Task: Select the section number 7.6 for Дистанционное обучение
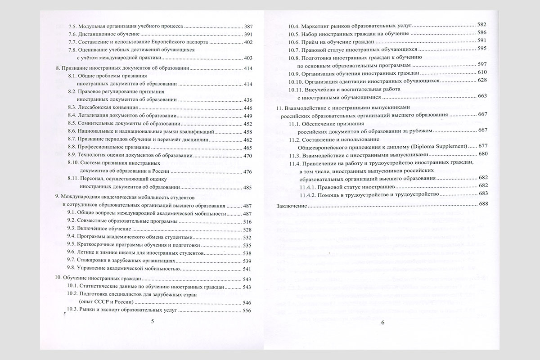click(72, 35)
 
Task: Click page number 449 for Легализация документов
click(248, 116)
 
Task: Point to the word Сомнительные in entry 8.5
click(94, 123)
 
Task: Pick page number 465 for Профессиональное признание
click(248, 148)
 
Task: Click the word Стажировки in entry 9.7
click(92, 261)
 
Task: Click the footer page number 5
click(152, 321)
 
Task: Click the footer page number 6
click(382, 322)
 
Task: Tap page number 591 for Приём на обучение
click(481, 40)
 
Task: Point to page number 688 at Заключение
click(484, 204)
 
